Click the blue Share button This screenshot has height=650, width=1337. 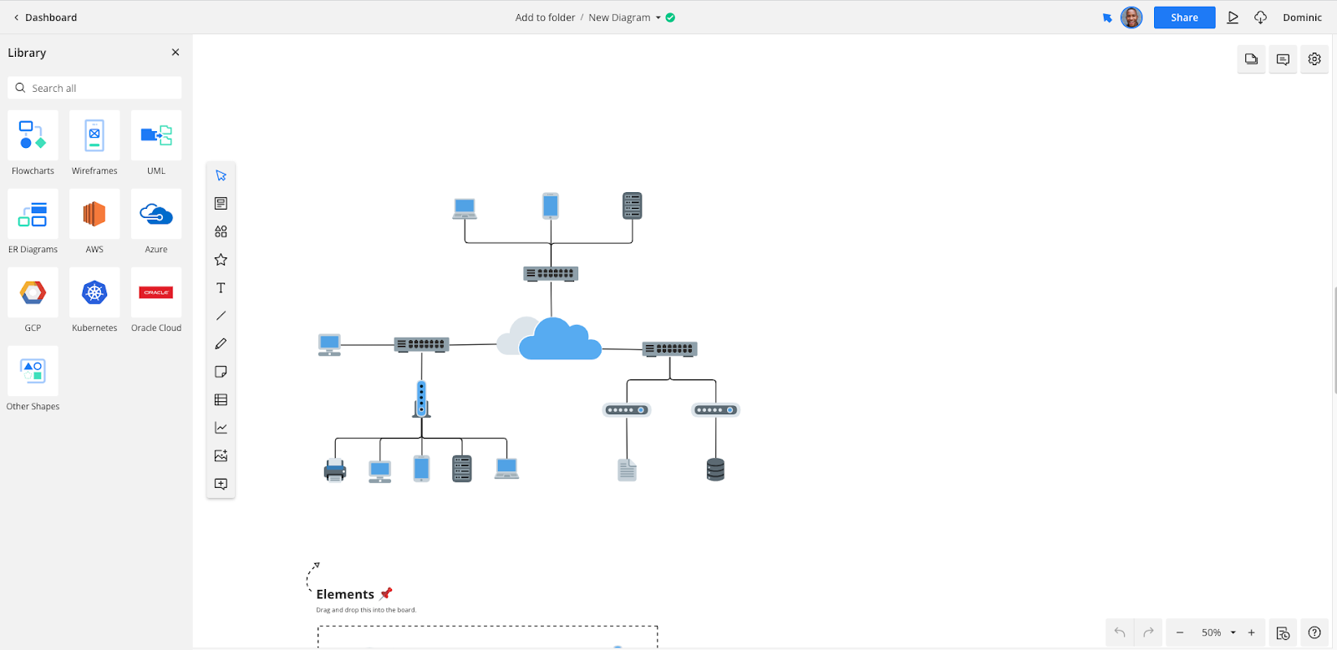tap(1184, 18)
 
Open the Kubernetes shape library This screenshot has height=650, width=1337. tap(94, 293)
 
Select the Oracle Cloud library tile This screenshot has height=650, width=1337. tap(156, 293)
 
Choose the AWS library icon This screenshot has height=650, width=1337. tap(94, 215)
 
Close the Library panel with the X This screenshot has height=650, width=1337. tap(175, 53)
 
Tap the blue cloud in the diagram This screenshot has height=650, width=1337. tap(559, 340)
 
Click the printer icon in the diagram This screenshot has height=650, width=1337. tap(335, 470)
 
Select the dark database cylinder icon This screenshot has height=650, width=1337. tap(715, 470)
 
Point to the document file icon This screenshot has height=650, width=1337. tap(627, 470)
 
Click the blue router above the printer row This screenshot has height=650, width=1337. tap(421, 399)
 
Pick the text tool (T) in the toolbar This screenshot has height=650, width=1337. tap(221, 288)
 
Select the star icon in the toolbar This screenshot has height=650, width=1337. tap(221, 260)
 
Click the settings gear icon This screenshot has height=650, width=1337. tap(1314, 59)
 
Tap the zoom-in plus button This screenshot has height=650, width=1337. tap(1251, 632)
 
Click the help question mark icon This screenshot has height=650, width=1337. tap(1314, 632)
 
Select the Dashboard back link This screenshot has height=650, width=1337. tap(45, 18)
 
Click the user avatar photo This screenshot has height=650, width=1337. tap(1131, 18)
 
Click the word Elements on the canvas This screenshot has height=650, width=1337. tap(345, 594)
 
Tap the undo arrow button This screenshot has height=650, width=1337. tap(1120, 632)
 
